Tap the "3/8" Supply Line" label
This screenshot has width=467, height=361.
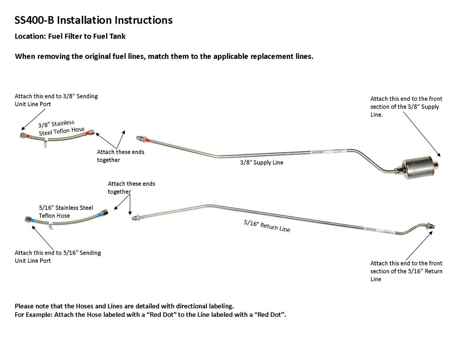[x=262, y=162]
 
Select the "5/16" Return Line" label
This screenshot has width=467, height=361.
[x=267, y=226]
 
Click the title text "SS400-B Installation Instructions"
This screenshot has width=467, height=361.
[x=93, y=20]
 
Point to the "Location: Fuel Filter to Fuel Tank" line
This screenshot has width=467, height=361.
[x=70, y=36]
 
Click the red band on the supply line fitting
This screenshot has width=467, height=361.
[x=147, y=140]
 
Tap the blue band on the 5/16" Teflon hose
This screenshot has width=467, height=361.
[x=34, y=220]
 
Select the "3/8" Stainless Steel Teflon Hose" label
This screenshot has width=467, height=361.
[x=61, y=128]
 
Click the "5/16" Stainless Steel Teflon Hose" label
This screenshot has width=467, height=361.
[x=66, y=212]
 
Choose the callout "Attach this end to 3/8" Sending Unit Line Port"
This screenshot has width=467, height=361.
[x=56, y=100]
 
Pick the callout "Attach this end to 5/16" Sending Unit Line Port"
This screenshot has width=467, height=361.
[x=58, y=257]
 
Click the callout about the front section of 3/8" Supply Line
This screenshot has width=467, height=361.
[x=406, y=107]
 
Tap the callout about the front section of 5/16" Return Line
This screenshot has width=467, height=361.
[x=406, y=271]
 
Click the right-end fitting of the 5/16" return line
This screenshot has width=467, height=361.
[x=431, y=226]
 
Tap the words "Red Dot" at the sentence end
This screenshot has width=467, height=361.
[x=269, y=315]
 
